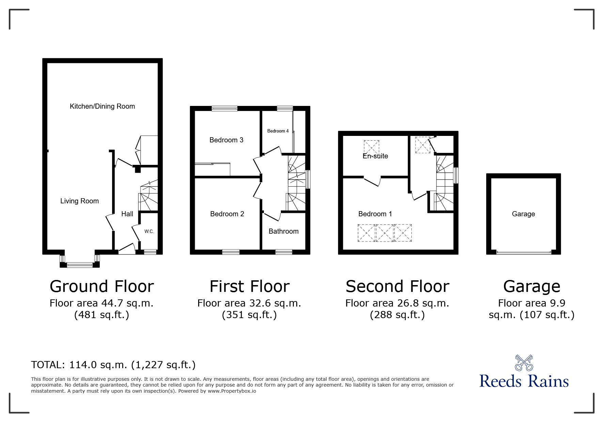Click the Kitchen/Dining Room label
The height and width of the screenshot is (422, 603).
[102, 106]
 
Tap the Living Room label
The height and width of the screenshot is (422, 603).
[79, 201]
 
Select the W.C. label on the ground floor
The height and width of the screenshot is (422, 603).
[149, 231]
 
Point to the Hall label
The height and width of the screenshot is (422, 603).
[127, 214]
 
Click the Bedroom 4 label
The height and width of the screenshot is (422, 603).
[278, 131]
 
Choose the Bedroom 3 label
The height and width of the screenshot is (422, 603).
[226, 140]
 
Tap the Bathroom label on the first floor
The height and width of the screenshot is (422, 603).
[283, 231]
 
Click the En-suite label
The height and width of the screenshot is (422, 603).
[375, 156]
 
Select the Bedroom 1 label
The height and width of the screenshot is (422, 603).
[375, 214]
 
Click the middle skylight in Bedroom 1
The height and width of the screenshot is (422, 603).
[385, 233]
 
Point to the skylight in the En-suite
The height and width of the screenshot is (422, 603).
[371, 147]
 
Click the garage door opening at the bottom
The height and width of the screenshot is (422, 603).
[523, 252]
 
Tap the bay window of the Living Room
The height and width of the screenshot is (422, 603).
[80, 264]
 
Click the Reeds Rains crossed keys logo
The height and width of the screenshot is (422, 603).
[524, 363]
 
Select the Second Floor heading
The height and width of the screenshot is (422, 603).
[397, 286]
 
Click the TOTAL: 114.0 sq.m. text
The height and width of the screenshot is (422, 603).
[113, 365]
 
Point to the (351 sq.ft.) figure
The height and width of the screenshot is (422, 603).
[249, 315]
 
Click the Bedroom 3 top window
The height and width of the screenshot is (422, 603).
[224, 109]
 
